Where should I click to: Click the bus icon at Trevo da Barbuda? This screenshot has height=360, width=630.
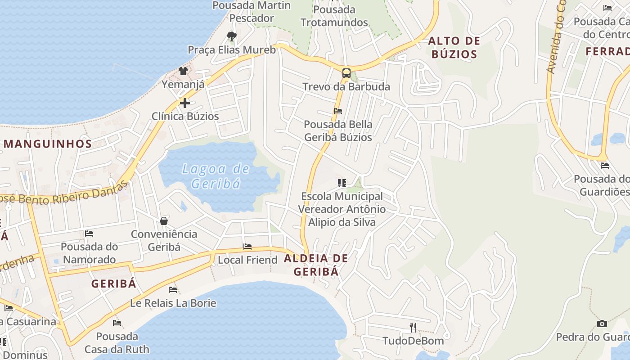pos(346,73)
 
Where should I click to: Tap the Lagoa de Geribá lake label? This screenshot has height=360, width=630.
pos(216,176)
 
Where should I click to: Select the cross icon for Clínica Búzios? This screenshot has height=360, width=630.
pos(184,103)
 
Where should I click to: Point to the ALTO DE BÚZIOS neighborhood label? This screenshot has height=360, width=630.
pos(454,48)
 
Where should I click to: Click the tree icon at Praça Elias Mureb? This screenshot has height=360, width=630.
pos(232,36)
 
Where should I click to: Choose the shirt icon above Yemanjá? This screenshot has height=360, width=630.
pos(183,71)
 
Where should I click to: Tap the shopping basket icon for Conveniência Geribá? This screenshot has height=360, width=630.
pos(164,221)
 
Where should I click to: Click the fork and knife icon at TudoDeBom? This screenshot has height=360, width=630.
pos(413,327)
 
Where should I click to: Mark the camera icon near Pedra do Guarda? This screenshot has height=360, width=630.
pos(602,324)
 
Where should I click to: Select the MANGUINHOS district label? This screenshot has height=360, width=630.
pos(48,144)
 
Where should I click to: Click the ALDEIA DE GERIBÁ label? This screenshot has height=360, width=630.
pos(316,265)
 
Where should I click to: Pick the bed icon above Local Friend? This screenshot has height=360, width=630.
pos(247,247)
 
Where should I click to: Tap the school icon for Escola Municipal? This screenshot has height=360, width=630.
pos(342,183)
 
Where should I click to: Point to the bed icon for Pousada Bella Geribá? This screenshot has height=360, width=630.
pos(338,111)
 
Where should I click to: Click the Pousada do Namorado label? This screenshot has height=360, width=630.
pos(89,253)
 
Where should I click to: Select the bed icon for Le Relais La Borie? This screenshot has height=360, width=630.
pos(173,290)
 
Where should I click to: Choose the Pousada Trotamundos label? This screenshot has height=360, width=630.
pos(334,16)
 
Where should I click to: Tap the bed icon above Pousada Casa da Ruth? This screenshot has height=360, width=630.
pos(117,323)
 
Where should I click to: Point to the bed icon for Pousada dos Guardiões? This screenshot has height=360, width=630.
pos(604,166)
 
